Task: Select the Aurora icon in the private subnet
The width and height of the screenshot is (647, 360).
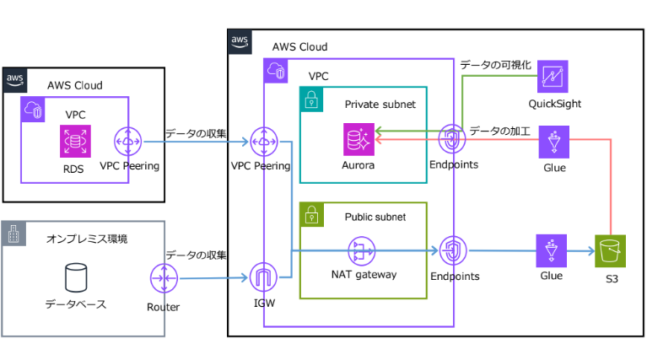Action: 359,139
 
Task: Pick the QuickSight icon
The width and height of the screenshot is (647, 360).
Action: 554,78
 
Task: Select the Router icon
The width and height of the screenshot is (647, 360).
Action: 163,278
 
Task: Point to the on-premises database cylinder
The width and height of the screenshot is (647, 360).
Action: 76,277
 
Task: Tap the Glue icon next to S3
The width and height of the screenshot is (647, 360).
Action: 553,250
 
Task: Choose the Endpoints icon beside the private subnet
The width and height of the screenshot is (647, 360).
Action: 453,139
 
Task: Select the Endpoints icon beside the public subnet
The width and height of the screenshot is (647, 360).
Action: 453,250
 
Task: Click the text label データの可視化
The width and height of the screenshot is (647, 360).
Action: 495,65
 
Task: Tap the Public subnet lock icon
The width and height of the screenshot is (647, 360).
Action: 311,212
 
